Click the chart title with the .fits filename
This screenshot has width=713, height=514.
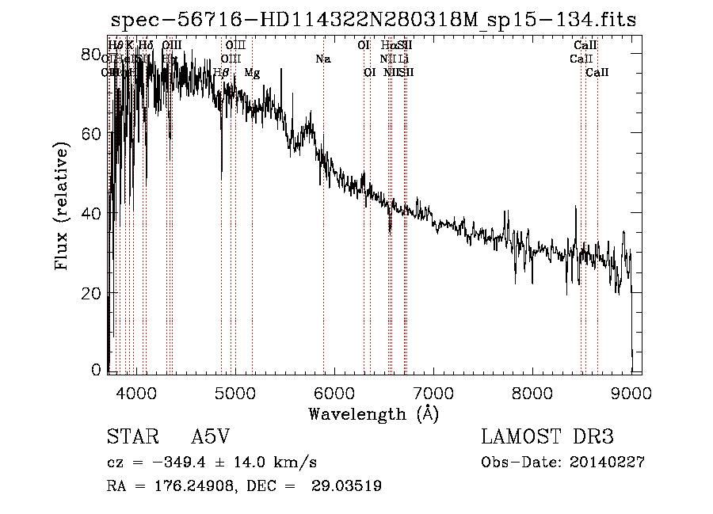point(373,19)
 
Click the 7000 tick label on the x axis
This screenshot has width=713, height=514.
point(433,393)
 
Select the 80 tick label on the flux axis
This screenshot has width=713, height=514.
point(92,55)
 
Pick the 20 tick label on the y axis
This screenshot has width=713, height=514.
point(92,293)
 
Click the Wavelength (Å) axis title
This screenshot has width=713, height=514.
point(373,413)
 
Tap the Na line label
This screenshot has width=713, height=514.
point(322,59)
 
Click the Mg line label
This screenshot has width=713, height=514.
point(251,73)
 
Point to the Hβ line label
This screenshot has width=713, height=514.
point(222,73)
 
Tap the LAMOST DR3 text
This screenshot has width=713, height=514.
point(547,438)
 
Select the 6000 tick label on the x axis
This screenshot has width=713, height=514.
point(334,393)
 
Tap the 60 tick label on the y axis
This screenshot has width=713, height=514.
point(92,134)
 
